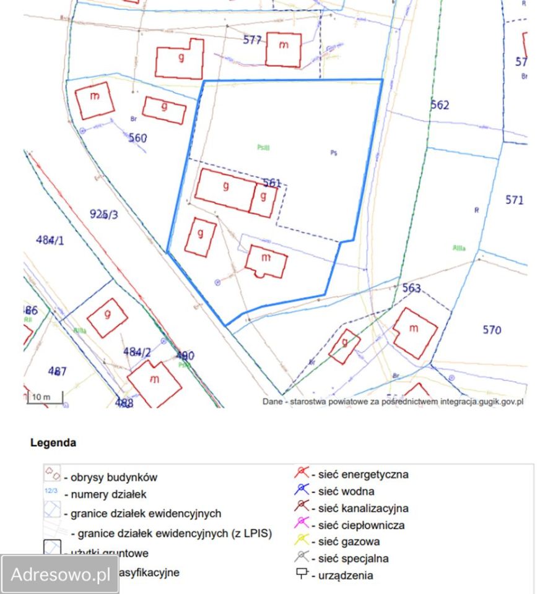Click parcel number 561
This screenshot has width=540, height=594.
pyautogui.click(x=272, y=183)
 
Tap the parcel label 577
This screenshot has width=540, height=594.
pyautogui.click(x=252, y=40)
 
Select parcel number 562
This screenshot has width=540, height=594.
pyautogui.click(x=440, y=105)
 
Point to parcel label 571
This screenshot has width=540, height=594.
pyautogui.click(x=514, y=200)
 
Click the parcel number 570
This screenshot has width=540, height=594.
pyautogui.click(x=492, y=330)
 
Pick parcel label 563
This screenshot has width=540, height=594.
pyautogui.click(x=411, y=288)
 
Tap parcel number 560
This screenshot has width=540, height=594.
pyautogui.click(x=137, y=138)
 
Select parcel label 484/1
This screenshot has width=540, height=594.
pyautogui.click(x=50, y=239)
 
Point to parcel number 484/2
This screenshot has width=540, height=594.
pyautogui.click(x=137, y=351)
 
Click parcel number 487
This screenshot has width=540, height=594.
pyautogui.click(x=57, y=371)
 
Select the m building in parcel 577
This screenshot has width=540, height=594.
pyautogui.click(x=284, y=49)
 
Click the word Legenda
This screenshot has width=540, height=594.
pyautogui.click(x=53, y=443)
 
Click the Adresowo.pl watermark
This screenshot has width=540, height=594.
pyautogui.click(x=60, y=574)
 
